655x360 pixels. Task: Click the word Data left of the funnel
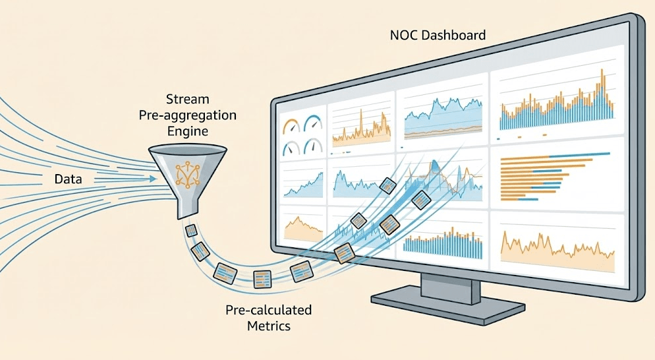pos(69,179)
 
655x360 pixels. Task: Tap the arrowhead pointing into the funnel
pos(154,179)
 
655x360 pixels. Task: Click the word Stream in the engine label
pos(187,100)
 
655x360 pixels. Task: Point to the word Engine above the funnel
pos(187,131)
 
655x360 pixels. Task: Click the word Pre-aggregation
pos(187,115)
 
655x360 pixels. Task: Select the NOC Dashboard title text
pos(438,34)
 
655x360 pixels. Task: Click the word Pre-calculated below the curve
pos(268,310)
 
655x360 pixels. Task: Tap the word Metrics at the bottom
pos(268,326)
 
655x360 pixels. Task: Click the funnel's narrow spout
pos(186,208)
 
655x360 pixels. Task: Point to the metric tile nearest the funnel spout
pos(191,231)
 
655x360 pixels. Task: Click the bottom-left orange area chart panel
pos(302,227)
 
